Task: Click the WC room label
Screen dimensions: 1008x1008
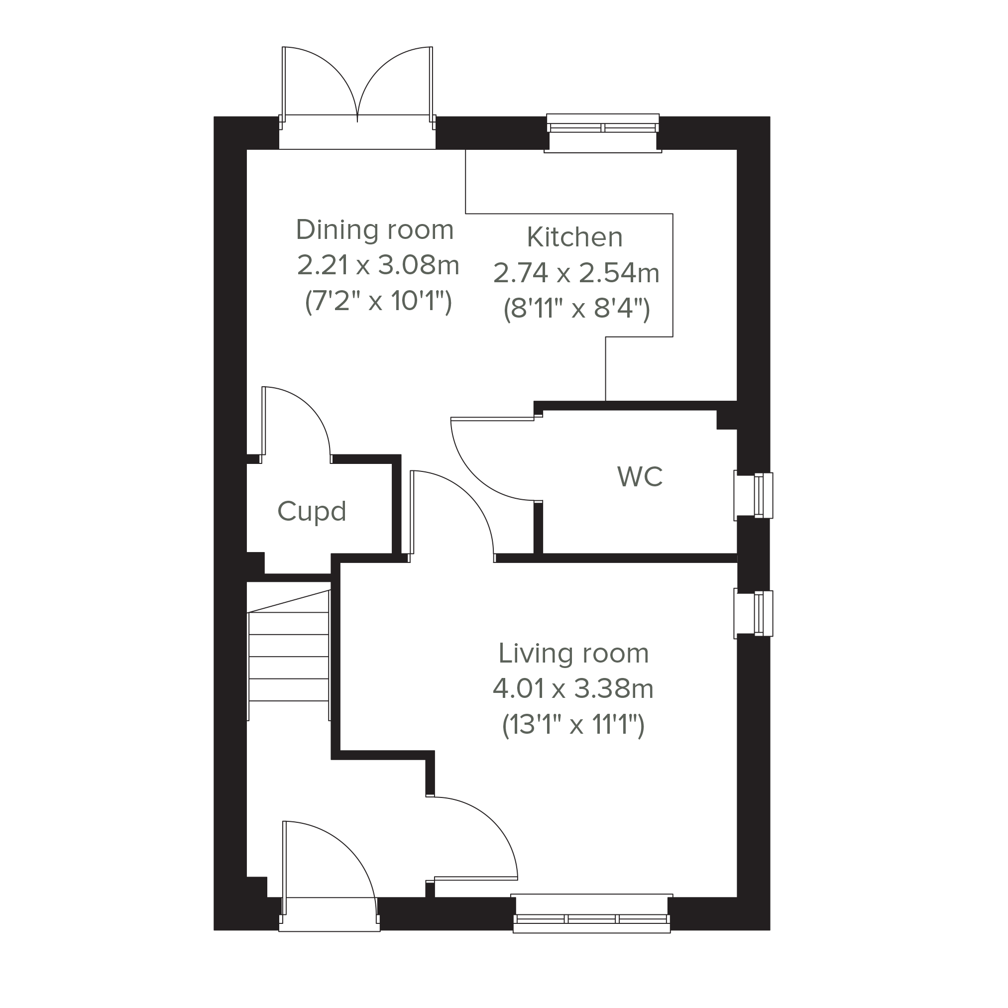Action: coord(640,477)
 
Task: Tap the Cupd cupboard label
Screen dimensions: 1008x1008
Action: coord(312,512)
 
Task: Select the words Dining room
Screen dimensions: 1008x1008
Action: coord(375,230)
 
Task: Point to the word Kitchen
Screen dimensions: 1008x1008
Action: coord(574,237)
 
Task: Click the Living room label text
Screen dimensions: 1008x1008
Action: coord(573,654)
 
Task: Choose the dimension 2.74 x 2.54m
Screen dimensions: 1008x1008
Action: coord(576,273)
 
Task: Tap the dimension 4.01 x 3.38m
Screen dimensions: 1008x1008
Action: coord(573,689)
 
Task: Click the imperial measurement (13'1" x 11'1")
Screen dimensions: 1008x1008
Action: coord(573,725)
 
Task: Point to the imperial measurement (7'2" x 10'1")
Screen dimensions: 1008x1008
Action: coord(378,302)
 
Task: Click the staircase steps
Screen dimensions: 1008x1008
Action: coord(289,656)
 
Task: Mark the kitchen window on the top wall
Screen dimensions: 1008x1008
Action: coord(603,133)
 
